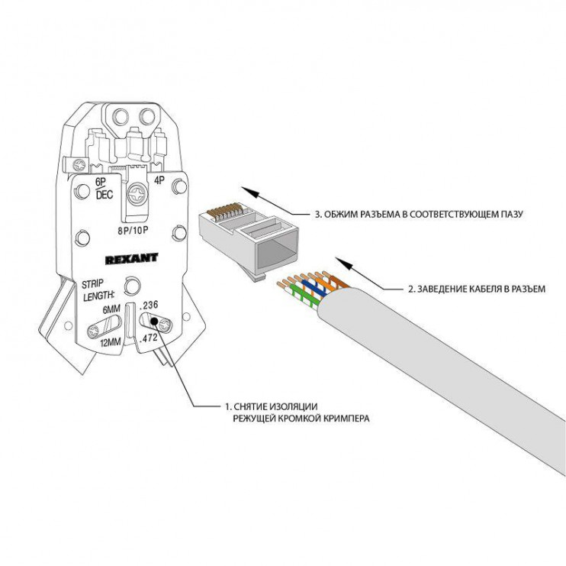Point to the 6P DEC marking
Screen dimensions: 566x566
(x=103, y=188)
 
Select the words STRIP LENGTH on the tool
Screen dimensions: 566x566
(x=98, y=289)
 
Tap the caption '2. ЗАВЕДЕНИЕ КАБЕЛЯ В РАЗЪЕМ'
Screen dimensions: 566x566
(x=475, y=289)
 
